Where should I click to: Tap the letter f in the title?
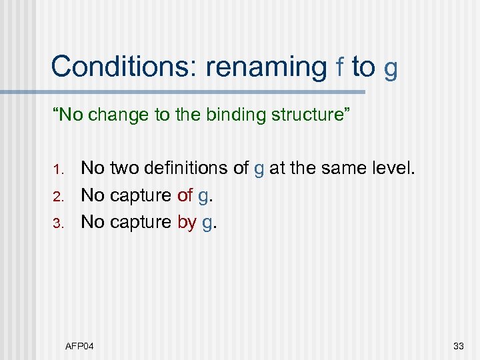[x=340, y=67]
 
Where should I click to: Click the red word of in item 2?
[x=185, y=196]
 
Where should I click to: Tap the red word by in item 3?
[x=187, y=222]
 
